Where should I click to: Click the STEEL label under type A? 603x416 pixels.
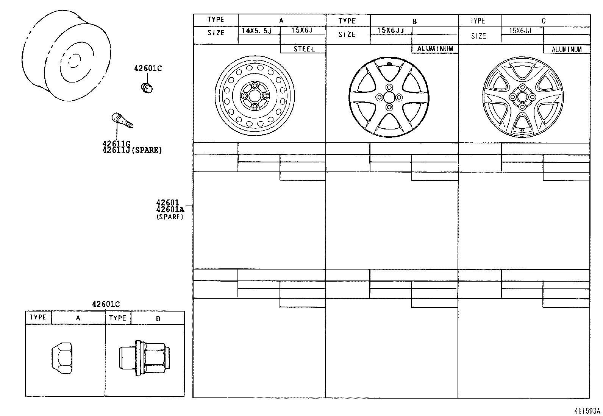(304, 49)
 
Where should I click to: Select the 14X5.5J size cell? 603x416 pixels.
(257, 31)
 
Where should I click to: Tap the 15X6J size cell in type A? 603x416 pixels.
(302, 30)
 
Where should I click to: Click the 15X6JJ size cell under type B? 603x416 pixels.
(391, 31)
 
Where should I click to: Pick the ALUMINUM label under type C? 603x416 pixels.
(566, 50)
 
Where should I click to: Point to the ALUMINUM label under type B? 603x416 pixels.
(435, 48)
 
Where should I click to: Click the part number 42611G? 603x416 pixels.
(116, 144)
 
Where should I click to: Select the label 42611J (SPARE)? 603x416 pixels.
(132, 150)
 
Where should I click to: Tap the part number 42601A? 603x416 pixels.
(170, 210)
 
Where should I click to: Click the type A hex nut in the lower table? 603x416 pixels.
(62, 357)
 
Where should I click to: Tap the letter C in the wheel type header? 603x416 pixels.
(543, 21)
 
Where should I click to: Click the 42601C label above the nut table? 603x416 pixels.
(106, 304)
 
